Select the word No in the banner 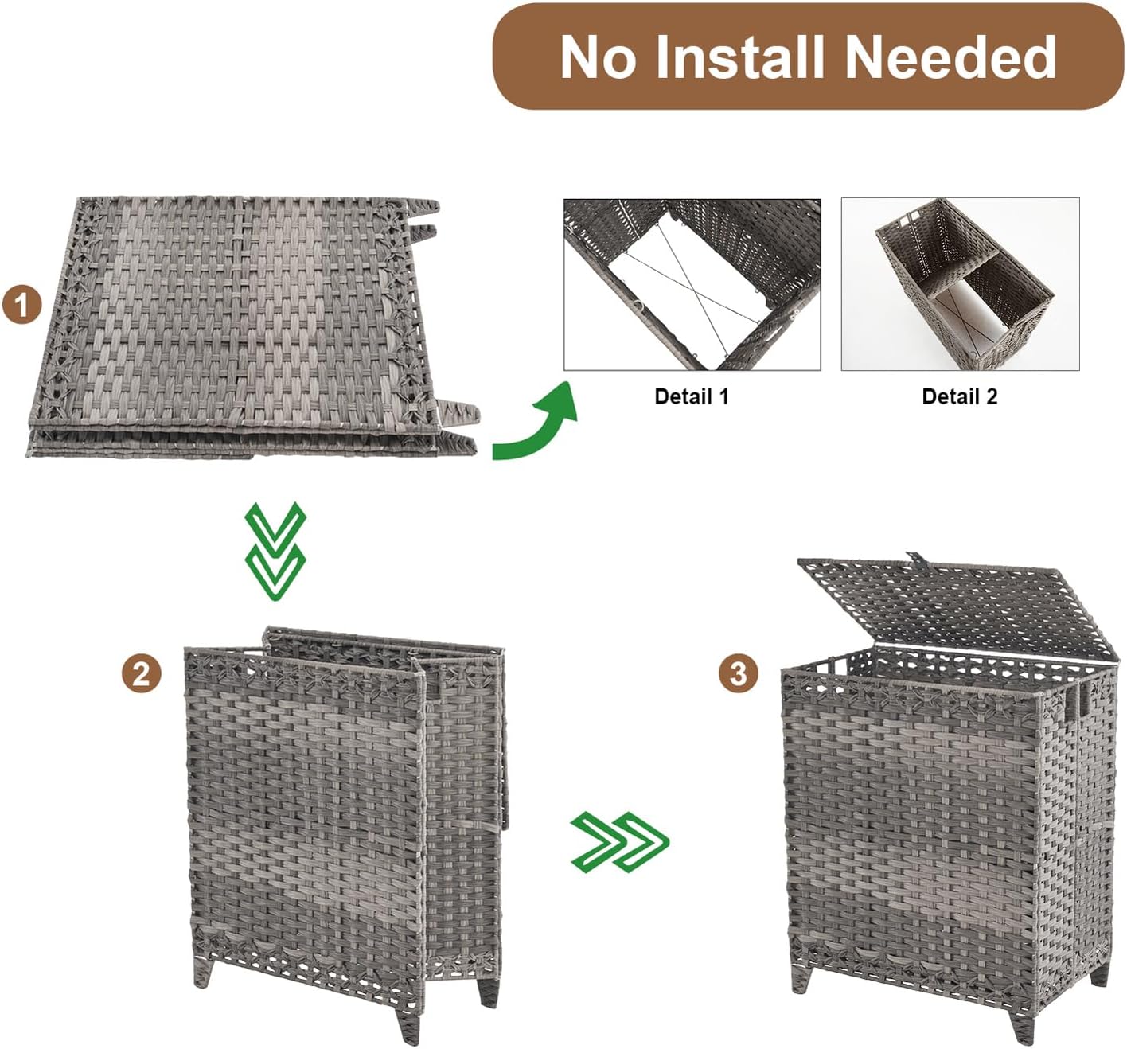[x=597, y=57]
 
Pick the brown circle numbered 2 [x=141, y=673]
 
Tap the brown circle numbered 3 [x=738, y=673]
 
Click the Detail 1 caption [x=691, y=396]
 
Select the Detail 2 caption [x=959, y=396]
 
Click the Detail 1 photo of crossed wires [x=692, y=284]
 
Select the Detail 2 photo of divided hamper [x=960, y=284]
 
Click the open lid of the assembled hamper [x=955, y=605]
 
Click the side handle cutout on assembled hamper [x=1082, y=698]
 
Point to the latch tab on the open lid [x=913, y=558]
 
